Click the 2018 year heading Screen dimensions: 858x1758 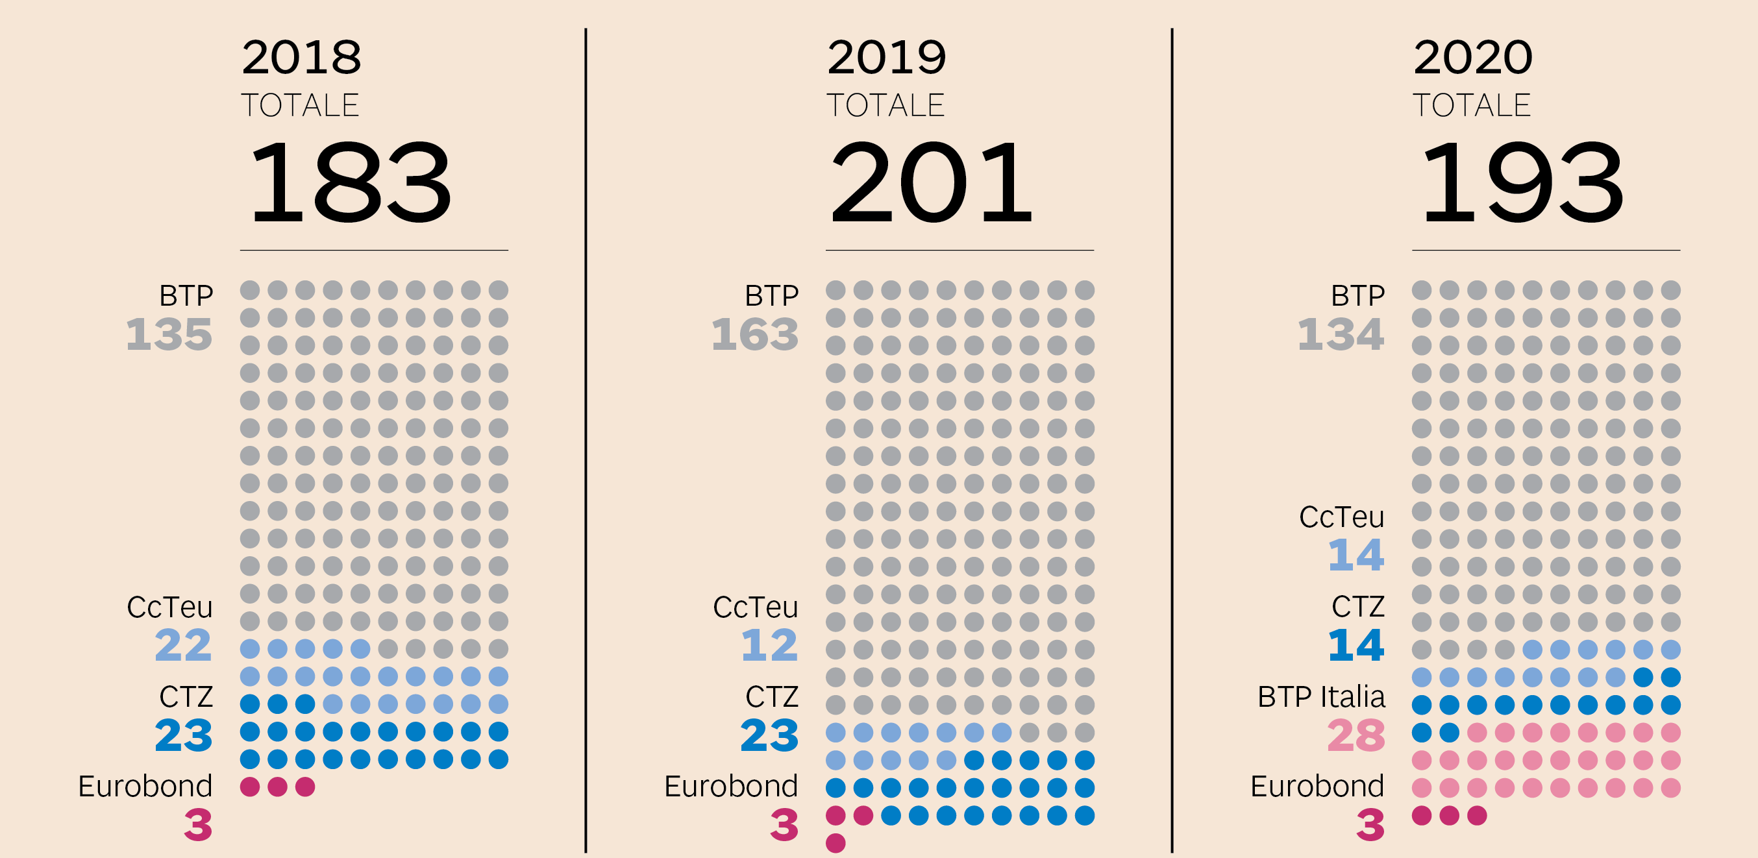pos(301,57)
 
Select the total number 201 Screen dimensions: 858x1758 pos(932,182)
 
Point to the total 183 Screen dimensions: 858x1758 pos(349,182)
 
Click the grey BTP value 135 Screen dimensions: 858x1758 pos(169,334)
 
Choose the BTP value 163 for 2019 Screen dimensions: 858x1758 pos(755,334)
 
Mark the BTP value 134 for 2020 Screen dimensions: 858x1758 pos(1341,334)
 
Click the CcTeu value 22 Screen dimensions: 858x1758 pos(184,645)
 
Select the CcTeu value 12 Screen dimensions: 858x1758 pos(769,645)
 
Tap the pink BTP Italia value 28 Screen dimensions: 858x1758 pos(1356,735)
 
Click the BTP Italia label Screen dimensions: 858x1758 pos(1321,697)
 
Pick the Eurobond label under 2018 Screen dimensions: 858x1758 pos(145,787)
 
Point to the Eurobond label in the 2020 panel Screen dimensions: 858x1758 pos(1317,787)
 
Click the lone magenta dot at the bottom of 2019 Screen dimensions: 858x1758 pos(836,843)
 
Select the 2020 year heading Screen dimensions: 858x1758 pos(1473,57)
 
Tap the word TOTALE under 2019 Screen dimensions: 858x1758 pos(885,106)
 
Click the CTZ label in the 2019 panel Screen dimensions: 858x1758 pos(772,697)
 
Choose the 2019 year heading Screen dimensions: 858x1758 pos(887,57)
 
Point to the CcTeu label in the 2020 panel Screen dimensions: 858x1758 pos(1342,517)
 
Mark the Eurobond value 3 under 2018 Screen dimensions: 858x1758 pos(198,826)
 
